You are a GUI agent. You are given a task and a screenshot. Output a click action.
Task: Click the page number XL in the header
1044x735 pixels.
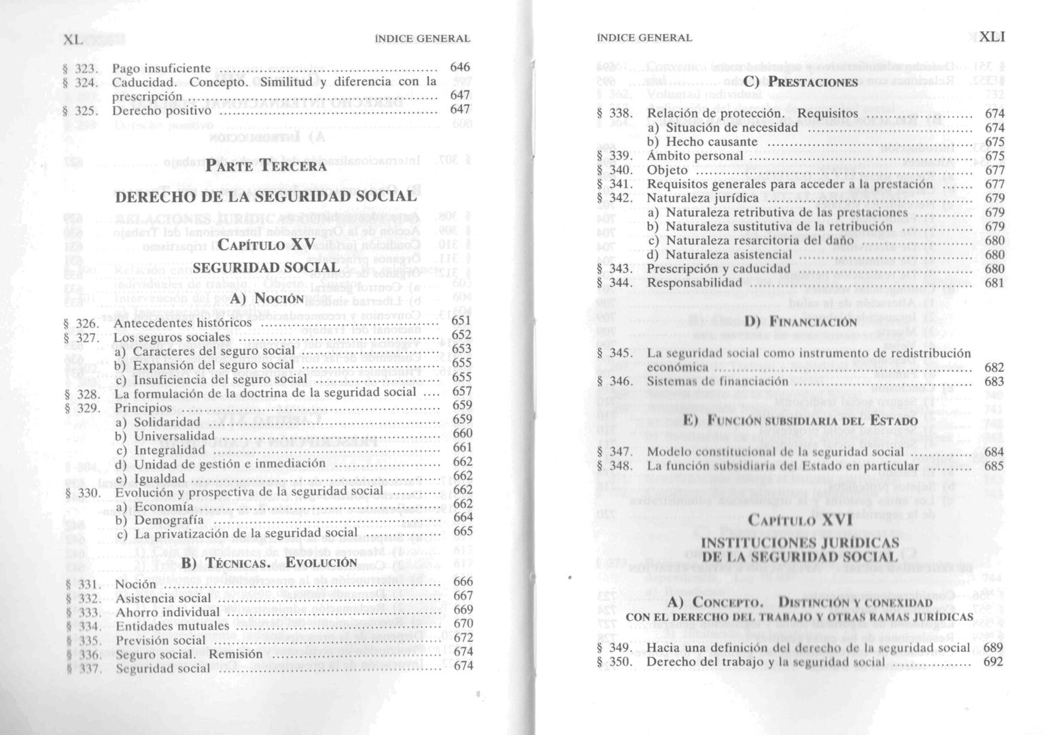tap(73, 39)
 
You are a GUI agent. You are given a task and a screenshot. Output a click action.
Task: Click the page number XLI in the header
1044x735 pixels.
tap(992, 37)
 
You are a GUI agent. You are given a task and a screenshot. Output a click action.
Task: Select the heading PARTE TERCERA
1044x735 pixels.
tap(266, 166)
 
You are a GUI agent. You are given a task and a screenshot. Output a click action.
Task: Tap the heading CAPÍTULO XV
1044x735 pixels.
tap(266, 244)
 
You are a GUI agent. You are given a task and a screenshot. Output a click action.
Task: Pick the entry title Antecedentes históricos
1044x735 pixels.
tap(182, 323)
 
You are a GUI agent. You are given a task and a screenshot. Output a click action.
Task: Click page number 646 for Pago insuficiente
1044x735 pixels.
tap(460, 67)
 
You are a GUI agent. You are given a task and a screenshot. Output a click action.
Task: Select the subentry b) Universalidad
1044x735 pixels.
tap(165, 436)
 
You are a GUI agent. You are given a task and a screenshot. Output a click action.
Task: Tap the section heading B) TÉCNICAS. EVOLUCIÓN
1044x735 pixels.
tap(268, 563)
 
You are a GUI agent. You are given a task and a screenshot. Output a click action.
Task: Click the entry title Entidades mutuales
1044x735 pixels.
tap(173, 626)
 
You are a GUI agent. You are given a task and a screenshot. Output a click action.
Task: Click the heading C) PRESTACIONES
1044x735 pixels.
tap(800, 82)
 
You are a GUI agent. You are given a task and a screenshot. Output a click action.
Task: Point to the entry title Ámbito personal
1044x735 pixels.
tap(695, 156)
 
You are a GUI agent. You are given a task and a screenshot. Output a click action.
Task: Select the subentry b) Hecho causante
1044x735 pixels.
tap(702, 141)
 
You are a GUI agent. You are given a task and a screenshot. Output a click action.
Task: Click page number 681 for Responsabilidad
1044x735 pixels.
tap(994, 282)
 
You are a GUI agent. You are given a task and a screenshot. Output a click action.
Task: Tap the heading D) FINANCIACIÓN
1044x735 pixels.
tap(800, 322)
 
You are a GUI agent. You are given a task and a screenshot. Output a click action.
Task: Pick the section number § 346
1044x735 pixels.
tap(615, 381)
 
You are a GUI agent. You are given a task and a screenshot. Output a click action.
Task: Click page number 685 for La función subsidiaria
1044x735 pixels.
tap(994, 466)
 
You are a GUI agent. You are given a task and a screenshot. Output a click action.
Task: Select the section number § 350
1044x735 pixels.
tap(615, 662)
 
